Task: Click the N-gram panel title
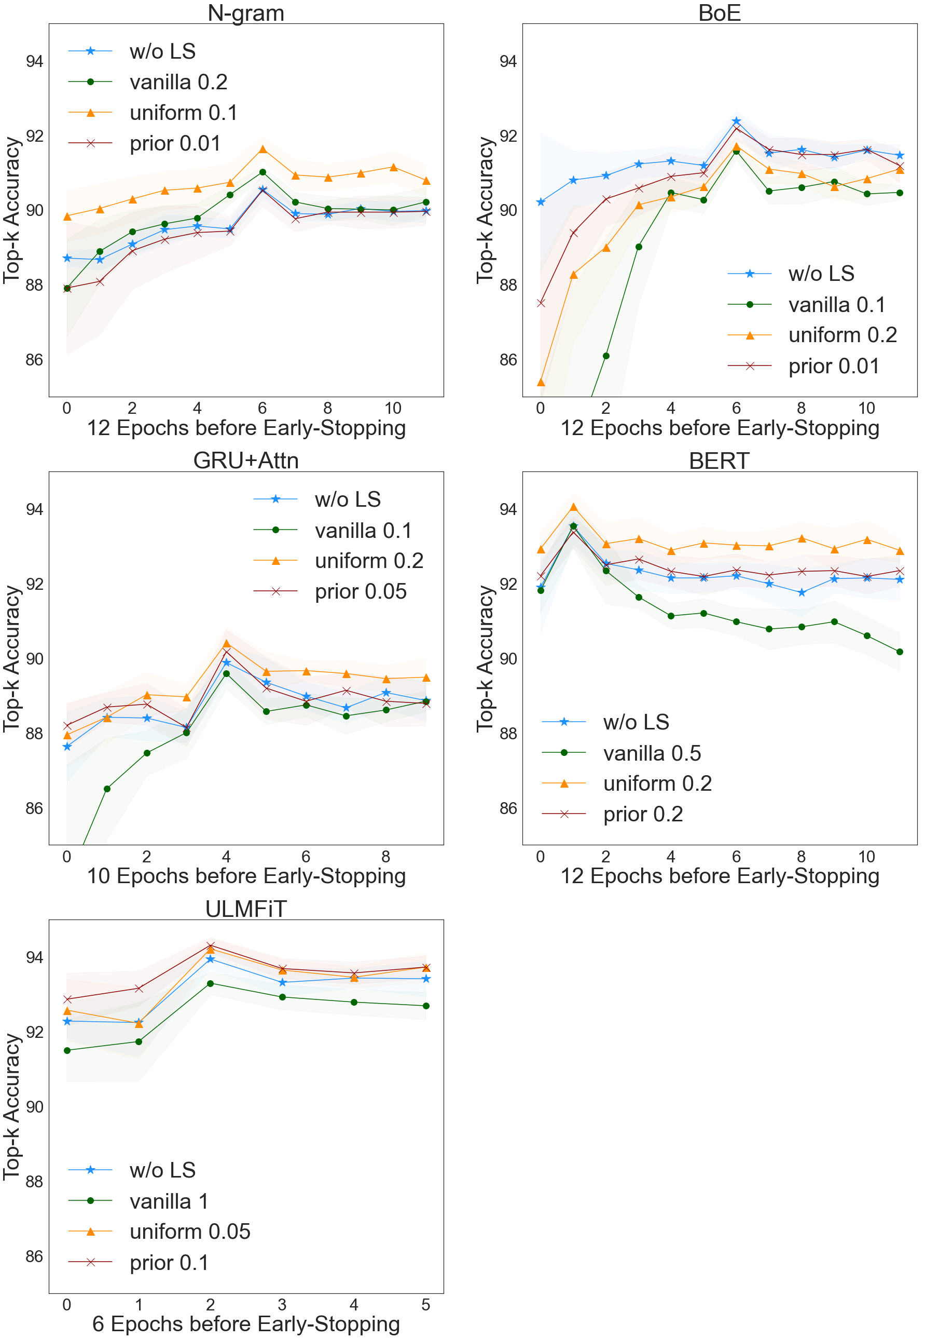pos(246,13)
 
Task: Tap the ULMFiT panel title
pos(246,909)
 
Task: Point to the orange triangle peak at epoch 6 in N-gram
pos(263,150)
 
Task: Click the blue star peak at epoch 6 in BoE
pos(736,121)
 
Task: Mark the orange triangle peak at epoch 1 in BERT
pos(573,507)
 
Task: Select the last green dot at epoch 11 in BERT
pos(900,652)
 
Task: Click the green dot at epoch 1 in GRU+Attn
pos(107,789)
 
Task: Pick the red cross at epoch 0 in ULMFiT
pos(67,999)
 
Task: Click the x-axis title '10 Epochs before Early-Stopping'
pos(246,876)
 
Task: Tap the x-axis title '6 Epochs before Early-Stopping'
pos(246,1324)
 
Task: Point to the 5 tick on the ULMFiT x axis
pos(426,1305)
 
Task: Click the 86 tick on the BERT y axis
pos(508,808)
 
